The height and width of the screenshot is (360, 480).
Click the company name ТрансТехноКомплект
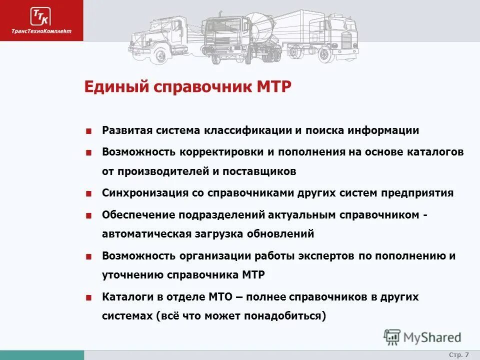(x=41, y=31)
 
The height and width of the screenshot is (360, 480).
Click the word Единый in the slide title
(x=116, y=87)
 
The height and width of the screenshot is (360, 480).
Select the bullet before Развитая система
(x=88, y=131)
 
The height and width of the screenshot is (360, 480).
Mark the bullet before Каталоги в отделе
(x=88, y=297)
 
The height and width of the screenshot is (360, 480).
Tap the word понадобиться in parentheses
(x=287, y=316)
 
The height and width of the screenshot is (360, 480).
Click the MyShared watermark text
(x=432, y=337)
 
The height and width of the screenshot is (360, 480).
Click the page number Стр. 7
(x=458, y=354)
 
